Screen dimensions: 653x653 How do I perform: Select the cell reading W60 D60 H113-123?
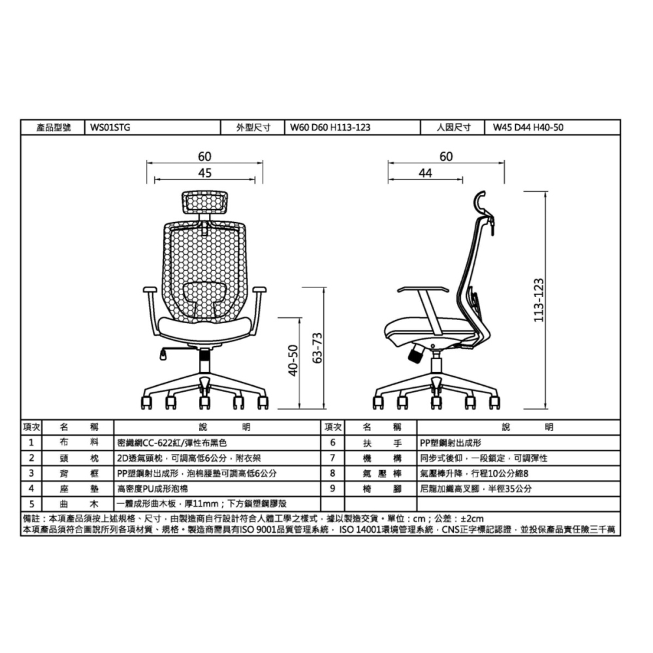click(330, 127)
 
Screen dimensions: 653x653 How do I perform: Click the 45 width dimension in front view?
click(204, 173)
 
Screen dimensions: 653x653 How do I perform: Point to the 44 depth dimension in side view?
click(425, 173)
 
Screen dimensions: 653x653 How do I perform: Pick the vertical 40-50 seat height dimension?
click(293, 360)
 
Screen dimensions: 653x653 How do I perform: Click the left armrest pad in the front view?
click(149, 289)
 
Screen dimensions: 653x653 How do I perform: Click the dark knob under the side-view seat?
click(415, 357)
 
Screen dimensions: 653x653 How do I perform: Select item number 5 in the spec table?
click(31, 503)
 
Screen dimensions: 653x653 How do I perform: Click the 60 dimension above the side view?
click(446, 157)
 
